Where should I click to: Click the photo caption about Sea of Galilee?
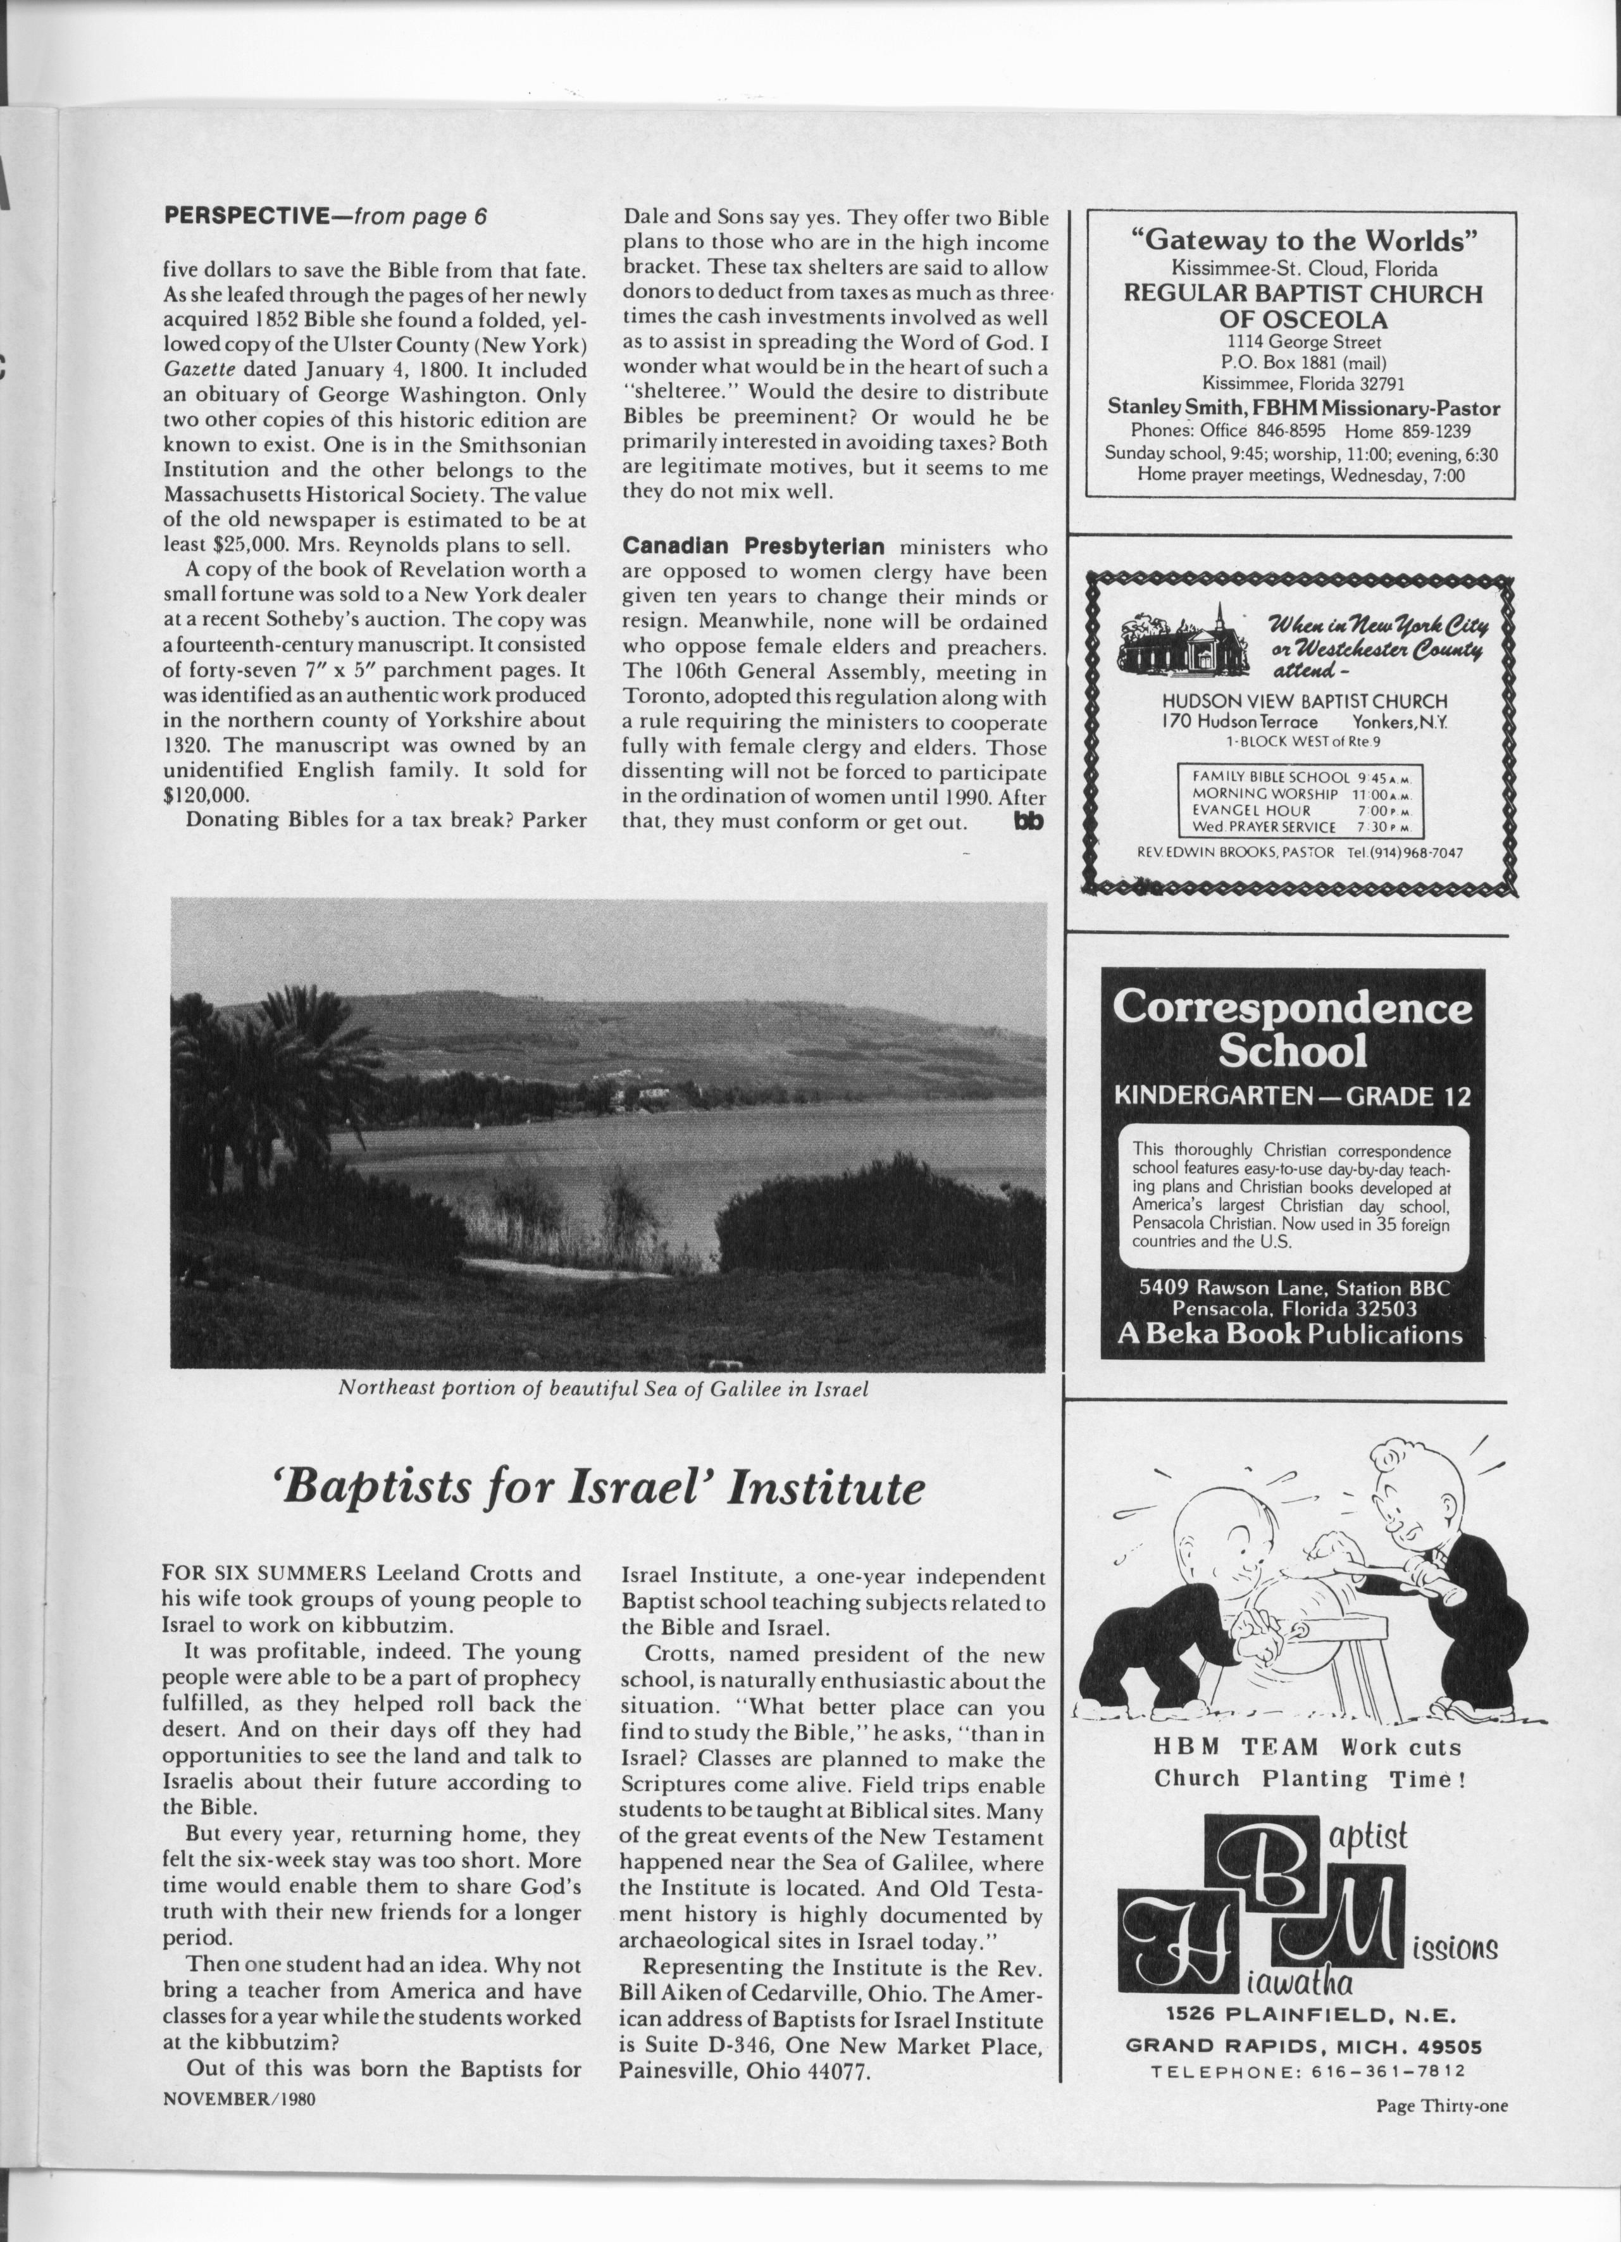603,1388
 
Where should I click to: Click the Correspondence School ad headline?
1292,1029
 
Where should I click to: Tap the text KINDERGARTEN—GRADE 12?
1292,1096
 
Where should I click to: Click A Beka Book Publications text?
1290,1333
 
